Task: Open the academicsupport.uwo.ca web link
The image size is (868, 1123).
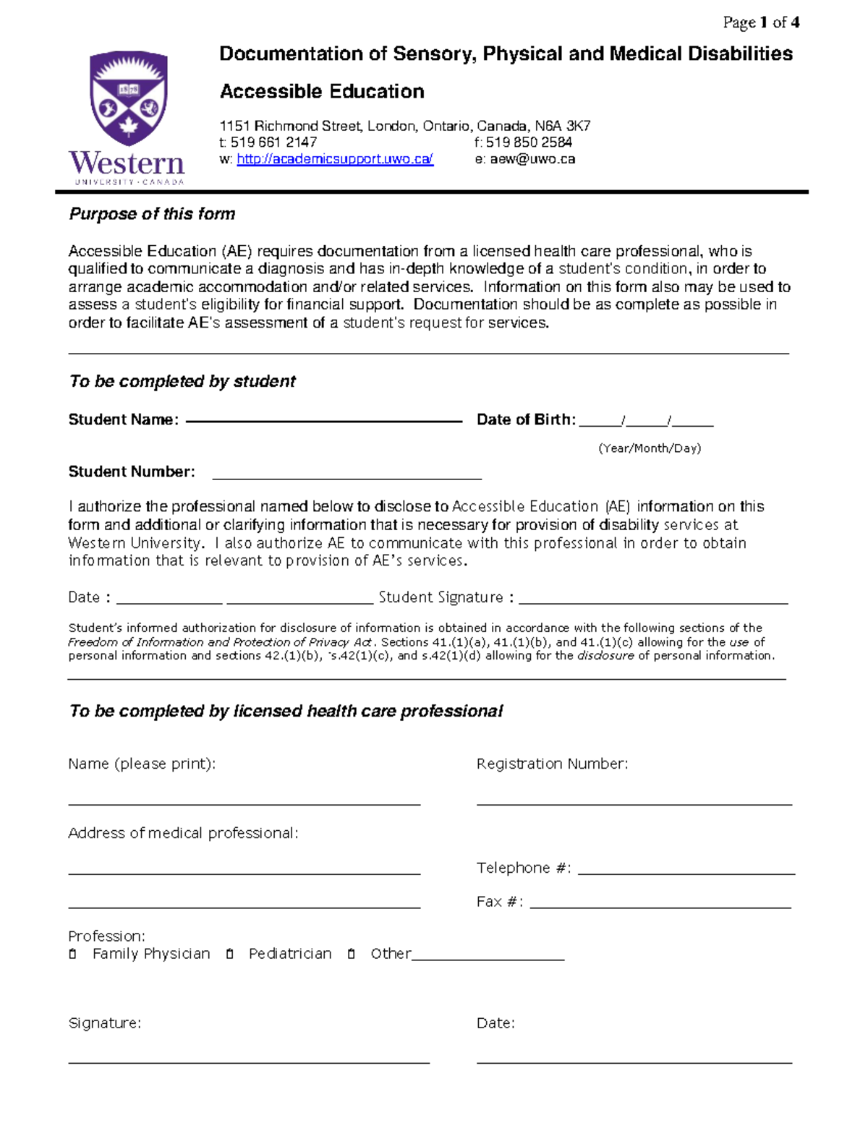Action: tap(335, 159)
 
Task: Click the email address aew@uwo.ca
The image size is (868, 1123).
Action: tap(532, 159)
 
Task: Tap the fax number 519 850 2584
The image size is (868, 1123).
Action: tap(529, 142)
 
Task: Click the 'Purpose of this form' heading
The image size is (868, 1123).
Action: tap(152, 214)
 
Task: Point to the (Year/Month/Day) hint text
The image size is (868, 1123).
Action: tap(650, 448)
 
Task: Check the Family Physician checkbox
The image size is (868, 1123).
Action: tap(72, 955)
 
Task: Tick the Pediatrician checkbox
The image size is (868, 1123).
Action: tap(229, 955)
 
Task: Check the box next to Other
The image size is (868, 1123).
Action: tap(351, 955)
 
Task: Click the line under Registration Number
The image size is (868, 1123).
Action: tap(634, 802)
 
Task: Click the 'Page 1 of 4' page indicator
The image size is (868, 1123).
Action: tap(761, 22)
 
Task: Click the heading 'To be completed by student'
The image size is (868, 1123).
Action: tap(182, 381)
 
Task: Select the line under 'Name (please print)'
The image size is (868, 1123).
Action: tap(244, 802)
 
